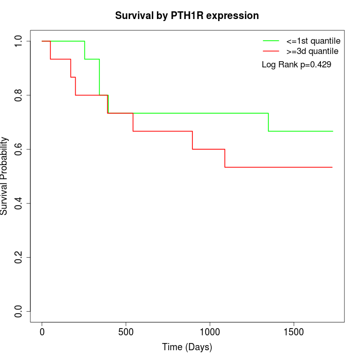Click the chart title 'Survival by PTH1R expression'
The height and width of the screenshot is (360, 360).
[187, 15]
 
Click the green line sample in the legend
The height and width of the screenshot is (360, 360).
[271, 41]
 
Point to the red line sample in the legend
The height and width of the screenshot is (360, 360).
[271, 51]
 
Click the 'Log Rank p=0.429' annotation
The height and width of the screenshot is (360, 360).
[296, 64]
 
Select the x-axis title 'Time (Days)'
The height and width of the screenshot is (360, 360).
[187, 347]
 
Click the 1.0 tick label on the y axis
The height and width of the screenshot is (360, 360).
[19, 41]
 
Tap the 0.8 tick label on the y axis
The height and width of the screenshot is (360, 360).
[19, 95]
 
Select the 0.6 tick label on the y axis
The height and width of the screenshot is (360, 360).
[19, 149]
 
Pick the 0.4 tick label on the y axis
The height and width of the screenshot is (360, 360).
[19, 203]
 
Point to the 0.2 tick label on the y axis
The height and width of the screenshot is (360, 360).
[19, 257]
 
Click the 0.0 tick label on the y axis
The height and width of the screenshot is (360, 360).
[19, 311]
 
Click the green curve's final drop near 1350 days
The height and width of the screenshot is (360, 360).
[268, 122]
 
